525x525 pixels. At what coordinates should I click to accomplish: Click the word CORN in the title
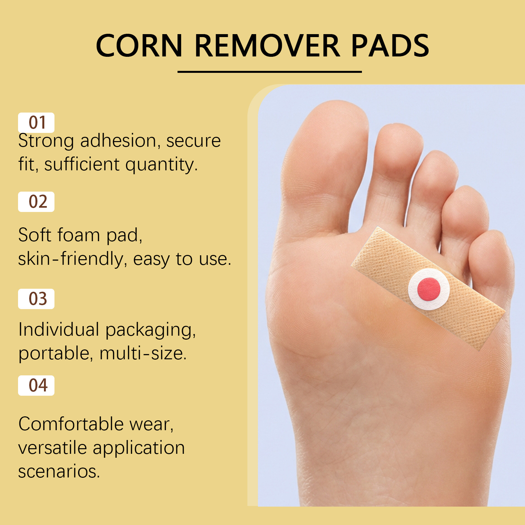click(x=139, y=46)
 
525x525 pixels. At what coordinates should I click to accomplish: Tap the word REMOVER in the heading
click(x=267, y=46)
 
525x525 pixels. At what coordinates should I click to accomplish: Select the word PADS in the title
click(x=390, y=46)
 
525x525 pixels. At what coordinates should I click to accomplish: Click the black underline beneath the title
click(x=269, y=72)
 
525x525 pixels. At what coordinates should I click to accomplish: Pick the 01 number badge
click(x=36, y=123)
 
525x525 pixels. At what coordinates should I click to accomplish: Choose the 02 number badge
click(x=36, y=202)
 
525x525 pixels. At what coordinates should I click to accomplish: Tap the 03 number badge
click(x=36, y=299)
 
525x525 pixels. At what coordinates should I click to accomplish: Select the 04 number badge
click(x=36, y=386)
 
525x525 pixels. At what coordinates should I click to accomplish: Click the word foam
click(x=78, y=235)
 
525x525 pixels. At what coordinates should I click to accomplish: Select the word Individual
click(x=59, y=329)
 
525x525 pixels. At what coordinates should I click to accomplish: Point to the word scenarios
click(x=58, y=472)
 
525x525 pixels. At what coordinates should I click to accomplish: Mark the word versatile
click(x=52, y=448)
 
